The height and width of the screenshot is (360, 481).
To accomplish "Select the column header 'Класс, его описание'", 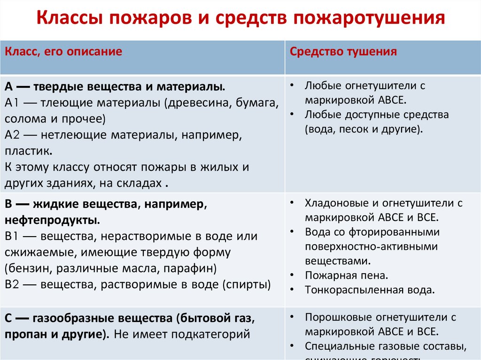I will click(x=63, y=52).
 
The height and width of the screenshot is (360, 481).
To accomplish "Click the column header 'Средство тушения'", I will click(x=343, y=52).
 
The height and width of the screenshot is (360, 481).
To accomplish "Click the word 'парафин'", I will click(x=193, y=268).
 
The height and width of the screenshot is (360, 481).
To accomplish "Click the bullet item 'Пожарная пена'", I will click(x=346, y=275).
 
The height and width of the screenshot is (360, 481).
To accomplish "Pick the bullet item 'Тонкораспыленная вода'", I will click(x=369, y=290).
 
